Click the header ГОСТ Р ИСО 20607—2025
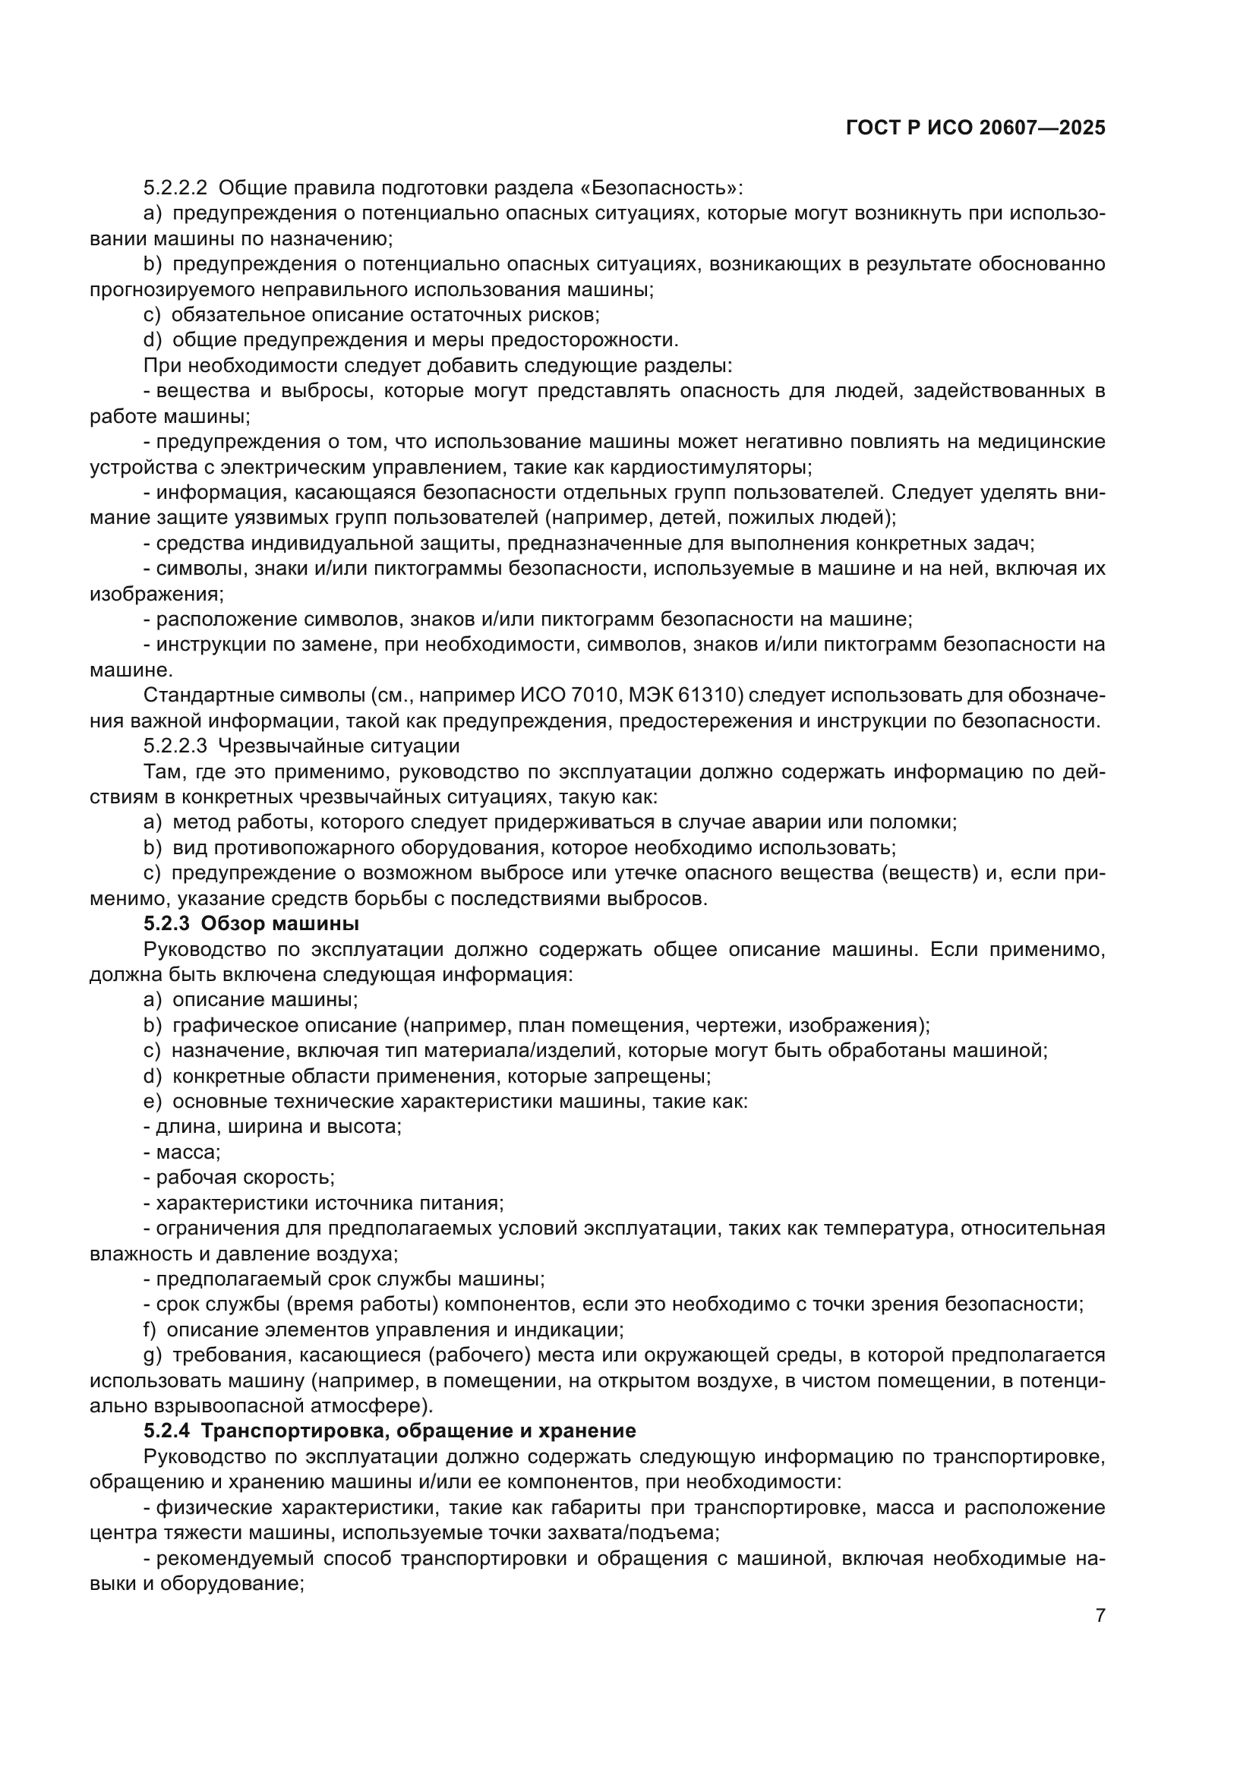pyautogui.click(x=976, y=128)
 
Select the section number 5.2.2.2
pyautogui.click(x=175, y=188)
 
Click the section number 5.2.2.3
pyautogui.click(x=175, y=746)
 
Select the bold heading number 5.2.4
pyautogui.click(x=166, y=1431)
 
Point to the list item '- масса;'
pyautogui.click(x=182, y=1152)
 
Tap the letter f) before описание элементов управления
pyautogui.click(x=150, y=1330)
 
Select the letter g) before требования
pyautogui.click(x=153, y=1355)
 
